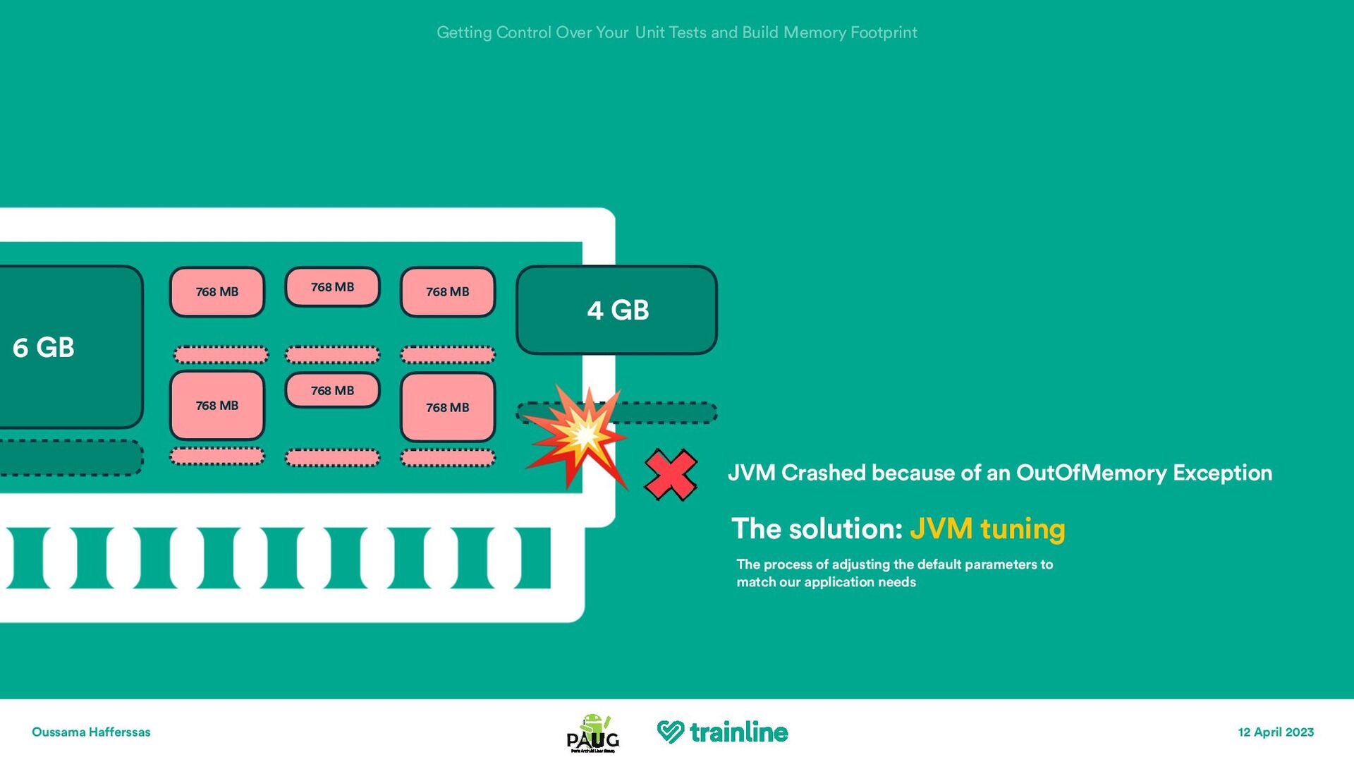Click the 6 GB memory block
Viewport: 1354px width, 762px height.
[67, 347]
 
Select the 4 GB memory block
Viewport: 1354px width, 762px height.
[617, 310]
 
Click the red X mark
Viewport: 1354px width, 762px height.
[671, 475]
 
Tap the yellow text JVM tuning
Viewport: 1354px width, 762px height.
[987, 529]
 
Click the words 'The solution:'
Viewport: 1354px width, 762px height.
[817, 529]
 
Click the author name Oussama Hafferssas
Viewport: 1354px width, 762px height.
[91, 732]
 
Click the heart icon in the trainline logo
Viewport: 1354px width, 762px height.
[670, 732]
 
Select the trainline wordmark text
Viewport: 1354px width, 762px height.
[738, 732]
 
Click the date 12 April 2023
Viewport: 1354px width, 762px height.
[1276, 732]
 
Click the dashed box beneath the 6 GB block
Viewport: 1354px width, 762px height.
[71, 458]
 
